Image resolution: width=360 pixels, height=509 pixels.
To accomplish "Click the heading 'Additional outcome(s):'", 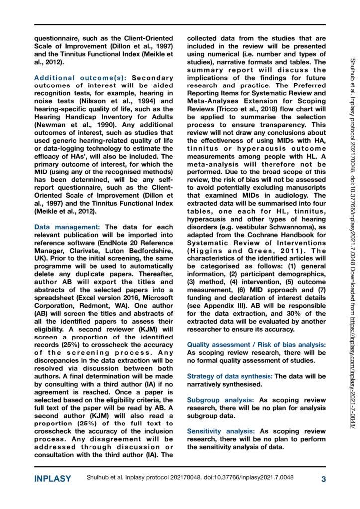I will [73, 78].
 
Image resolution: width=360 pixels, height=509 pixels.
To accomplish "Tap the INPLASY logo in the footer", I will [53, 479].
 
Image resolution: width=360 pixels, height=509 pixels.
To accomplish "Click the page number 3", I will [323, 479].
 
